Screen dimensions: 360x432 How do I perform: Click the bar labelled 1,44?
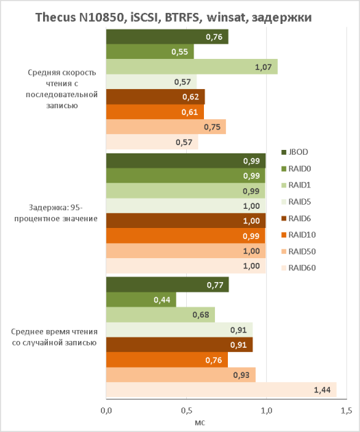[222, 390]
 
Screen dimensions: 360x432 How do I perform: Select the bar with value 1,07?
[192, 66]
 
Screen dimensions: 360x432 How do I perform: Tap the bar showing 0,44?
[141, 299]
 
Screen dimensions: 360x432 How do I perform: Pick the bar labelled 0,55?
[150, 51]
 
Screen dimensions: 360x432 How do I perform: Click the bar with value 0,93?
[181, 374]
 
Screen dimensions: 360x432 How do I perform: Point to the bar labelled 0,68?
[161, 315]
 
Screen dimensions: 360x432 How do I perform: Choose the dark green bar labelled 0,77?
[168, 285]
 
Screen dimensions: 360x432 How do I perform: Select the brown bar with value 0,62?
[155, 97]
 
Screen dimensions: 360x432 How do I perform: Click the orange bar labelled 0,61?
[155, 112]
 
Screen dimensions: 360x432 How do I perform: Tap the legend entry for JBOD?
[295, 152]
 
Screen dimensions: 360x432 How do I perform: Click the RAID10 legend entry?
[298, 235]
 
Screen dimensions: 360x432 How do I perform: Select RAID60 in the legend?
[298, 268]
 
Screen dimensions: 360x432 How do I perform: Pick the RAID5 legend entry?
[296, 202]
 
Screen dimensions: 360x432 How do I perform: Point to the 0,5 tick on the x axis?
[186, 411]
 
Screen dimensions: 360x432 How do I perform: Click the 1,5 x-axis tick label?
[346, 411]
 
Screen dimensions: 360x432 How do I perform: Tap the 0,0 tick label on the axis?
[106, 411]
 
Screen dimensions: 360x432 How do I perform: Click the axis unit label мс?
[200, 422]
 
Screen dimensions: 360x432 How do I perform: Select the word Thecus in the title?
[55, 17]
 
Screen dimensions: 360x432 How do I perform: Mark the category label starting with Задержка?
[56, 213]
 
